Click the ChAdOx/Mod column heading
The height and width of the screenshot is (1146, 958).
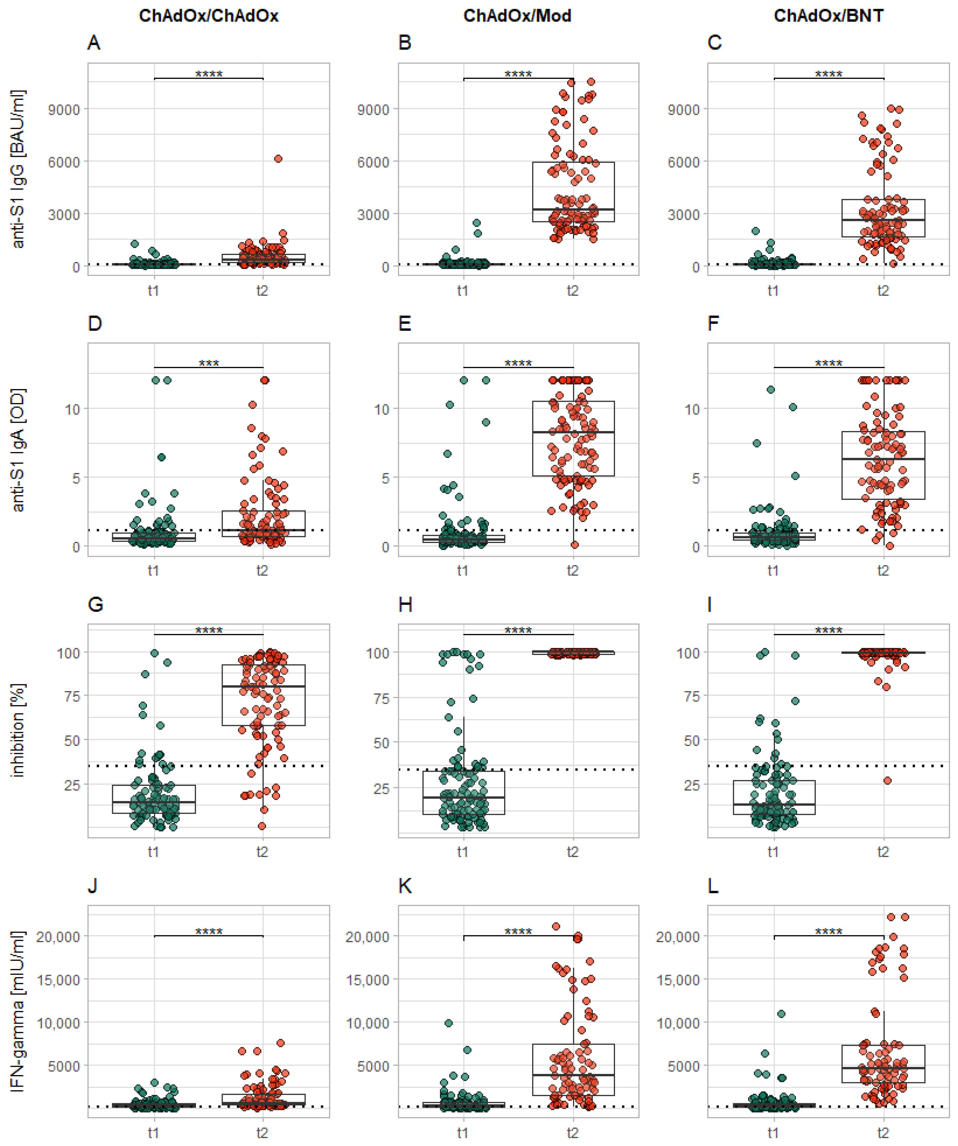click(517, 15)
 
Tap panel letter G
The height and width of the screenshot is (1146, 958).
click(96, 605)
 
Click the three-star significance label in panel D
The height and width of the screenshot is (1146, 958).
click(209, 363)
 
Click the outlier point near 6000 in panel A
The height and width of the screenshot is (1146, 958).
click(278, 159)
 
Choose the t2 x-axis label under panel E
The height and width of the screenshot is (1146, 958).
click(572, 571)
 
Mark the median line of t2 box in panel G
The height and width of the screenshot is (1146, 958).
click(263, 687)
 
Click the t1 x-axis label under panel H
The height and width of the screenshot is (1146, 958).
click(463, 852)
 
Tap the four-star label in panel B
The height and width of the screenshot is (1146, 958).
click(518, 74)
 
